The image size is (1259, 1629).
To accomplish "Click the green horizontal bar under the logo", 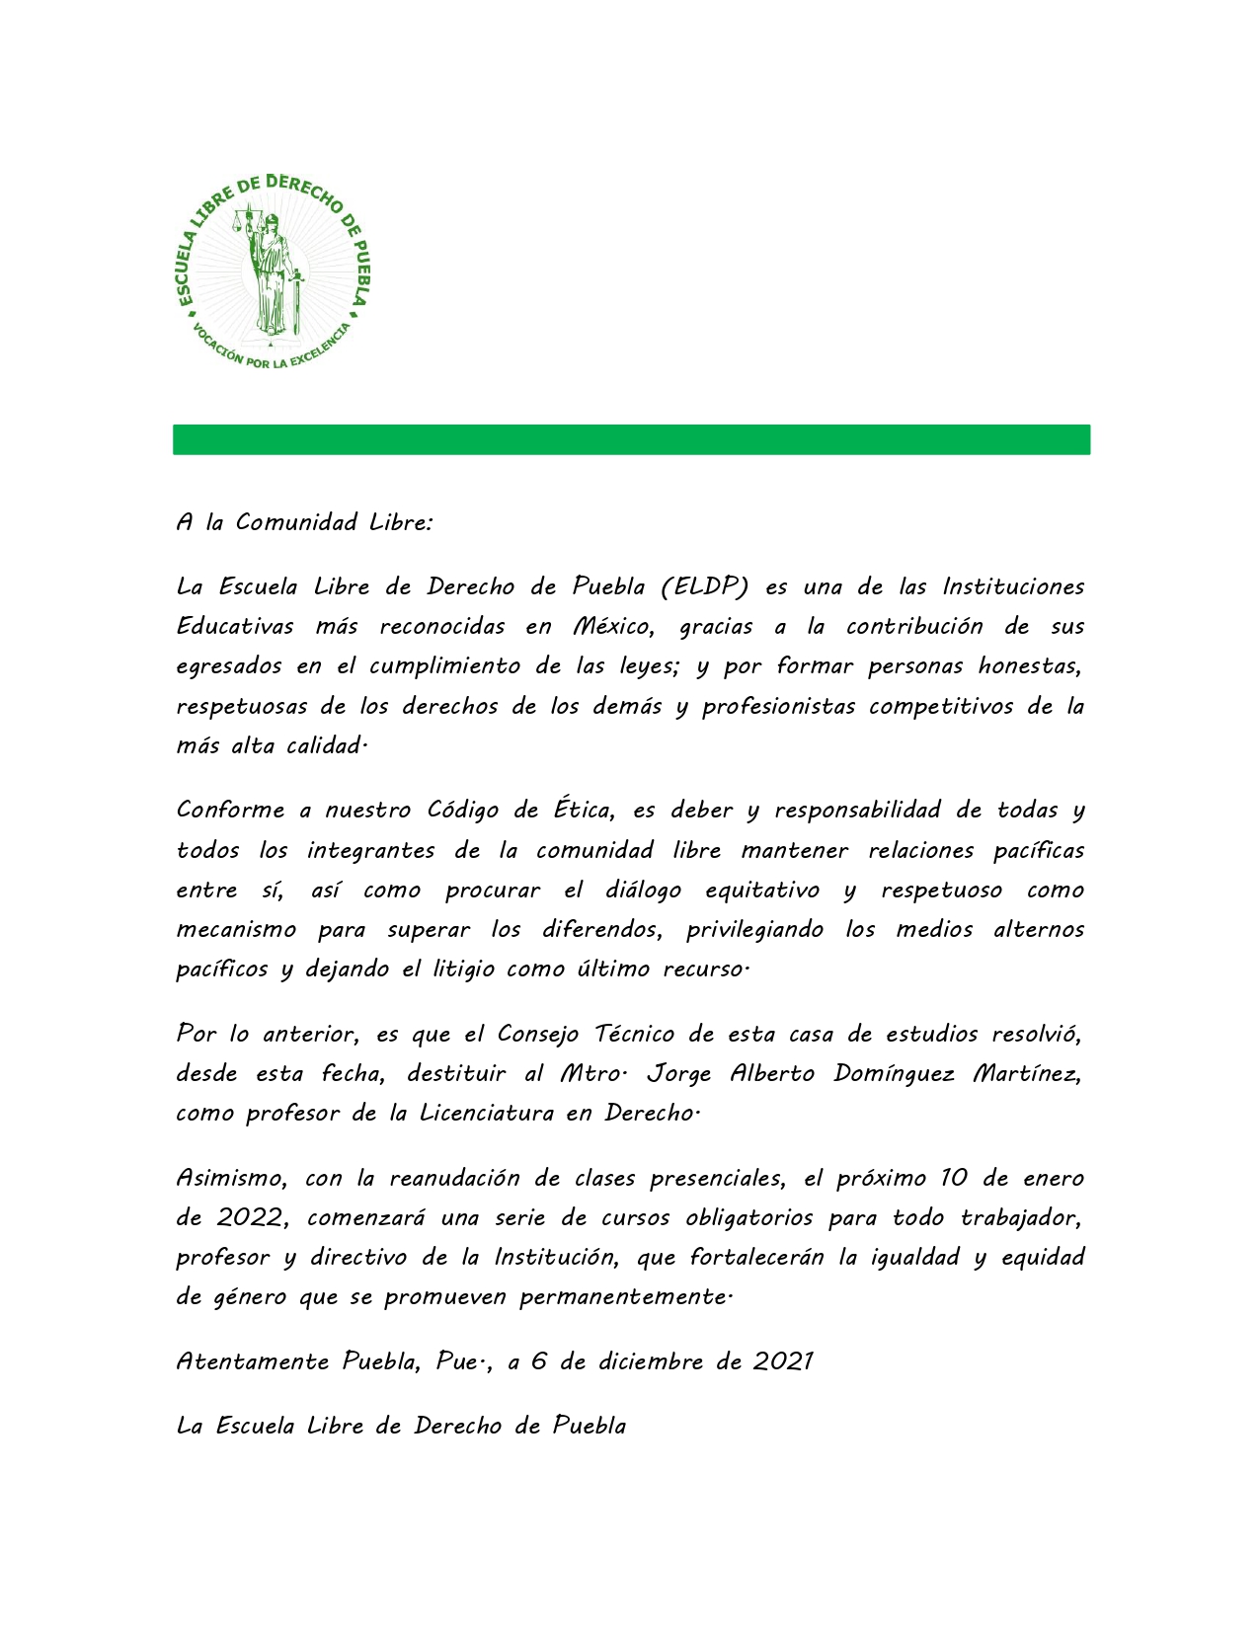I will click(x=631, y=439).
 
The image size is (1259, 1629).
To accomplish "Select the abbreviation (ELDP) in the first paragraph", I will click(x=704, y=586).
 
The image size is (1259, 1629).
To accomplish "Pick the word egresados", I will click(x=228, y=666).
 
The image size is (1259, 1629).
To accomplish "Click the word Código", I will click(x=463, y=810).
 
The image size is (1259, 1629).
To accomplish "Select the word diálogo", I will click(x=643, y=890).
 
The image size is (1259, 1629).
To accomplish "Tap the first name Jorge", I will click(x=678, y=1073).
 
